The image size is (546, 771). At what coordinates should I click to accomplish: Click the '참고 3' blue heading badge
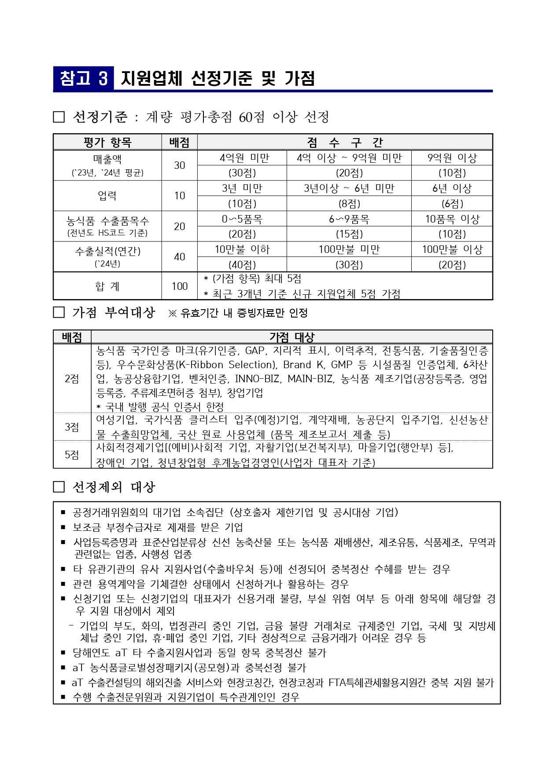pos(83,78)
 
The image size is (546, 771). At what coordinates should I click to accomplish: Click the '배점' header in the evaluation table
pos(179,142)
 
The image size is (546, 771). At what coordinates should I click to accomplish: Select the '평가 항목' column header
pos(107,142)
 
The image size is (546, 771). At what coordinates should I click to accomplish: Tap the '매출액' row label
pos(107,159)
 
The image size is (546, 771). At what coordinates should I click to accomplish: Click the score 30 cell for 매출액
pos(179,165)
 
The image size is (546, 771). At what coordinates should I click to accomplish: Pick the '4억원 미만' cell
pos(242,158)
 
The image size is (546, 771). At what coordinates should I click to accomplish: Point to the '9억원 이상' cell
pos(452,158)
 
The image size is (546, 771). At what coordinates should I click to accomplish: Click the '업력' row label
pos(107,196)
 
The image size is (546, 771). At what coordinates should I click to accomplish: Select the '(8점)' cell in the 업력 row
pos(349,204)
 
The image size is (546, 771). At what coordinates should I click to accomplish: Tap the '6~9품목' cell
pos(349,219)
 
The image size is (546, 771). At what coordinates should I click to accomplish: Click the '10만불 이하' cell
pos(242,249)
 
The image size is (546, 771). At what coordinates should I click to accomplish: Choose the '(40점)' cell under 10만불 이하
pos(242,265)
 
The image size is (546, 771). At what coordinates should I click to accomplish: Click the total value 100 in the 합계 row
pos(179,286)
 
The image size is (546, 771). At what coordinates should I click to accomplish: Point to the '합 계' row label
pos(107,286)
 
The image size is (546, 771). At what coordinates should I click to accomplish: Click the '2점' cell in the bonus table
pos(72,379)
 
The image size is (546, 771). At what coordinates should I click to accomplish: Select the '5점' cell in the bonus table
pos(72,455)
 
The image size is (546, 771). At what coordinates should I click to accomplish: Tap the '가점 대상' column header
pos(291,337)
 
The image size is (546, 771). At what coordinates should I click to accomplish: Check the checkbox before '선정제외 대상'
pos(59,487)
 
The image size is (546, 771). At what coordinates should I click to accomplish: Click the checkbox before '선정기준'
pos(59,117)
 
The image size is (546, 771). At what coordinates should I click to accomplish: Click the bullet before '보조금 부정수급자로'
pos(63,527)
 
